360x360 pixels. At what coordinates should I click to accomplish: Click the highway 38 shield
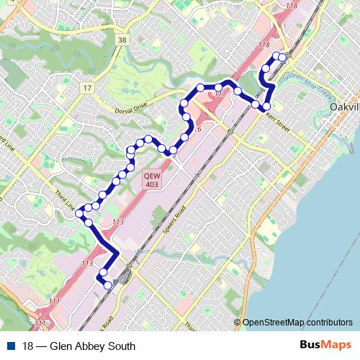[x=123, y=41]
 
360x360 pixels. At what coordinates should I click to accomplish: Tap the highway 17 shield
[x=87, y=88]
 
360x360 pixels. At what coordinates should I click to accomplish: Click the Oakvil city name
[x=343, y=107]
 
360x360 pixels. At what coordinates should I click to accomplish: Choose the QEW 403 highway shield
[x=151, y=179]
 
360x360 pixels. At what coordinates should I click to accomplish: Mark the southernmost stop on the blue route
[x=108, y=286]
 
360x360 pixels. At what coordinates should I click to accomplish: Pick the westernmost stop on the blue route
[x=80, y=214]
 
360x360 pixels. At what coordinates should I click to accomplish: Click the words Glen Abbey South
[x=78, y=346]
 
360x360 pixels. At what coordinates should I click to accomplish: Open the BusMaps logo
[x=326, y=346]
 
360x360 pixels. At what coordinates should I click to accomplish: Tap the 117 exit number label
[x=220, y=94]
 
